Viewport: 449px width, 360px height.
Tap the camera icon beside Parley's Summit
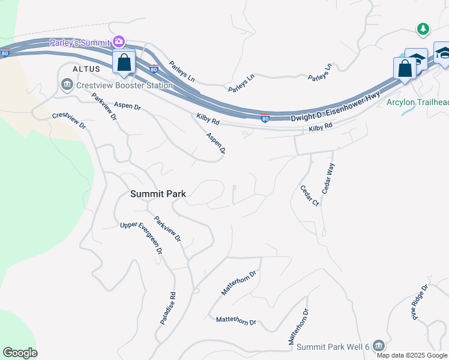tap(119, 41)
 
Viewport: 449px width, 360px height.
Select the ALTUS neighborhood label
tap(82, 70)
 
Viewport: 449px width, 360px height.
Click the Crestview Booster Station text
tap(124, 85)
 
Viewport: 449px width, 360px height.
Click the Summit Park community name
tap(158, 194)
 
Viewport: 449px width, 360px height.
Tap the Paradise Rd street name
tap(167, 308)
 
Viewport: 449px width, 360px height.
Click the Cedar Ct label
tap(309, 196)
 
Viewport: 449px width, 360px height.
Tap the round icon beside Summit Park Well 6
tap(378, 345)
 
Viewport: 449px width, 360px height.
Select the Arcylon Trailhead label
tap(417, 102)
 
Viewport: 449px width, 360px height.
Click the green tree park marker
tap(423, 29)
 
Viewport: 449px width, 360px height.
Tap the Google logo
tap(20, 353)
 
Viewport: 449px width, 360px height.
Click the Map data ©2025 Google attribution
tap(412, 355)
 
